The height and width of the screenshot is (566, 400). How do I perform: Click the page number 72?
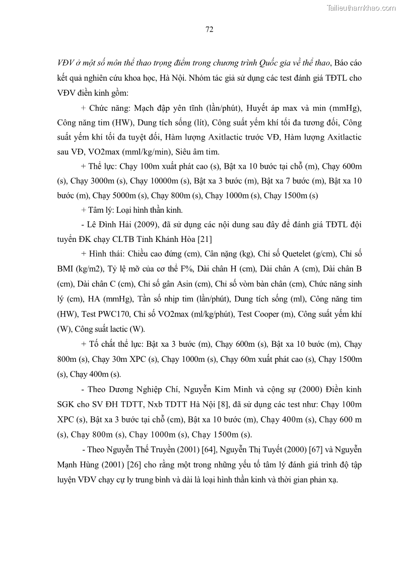(x=210, y=29)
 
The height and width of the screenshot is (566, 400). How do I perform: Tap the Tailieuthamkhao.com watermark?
(x=361, y=8)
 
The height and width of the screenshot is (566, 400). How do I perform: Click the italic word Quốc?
(x=268, y=64)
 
